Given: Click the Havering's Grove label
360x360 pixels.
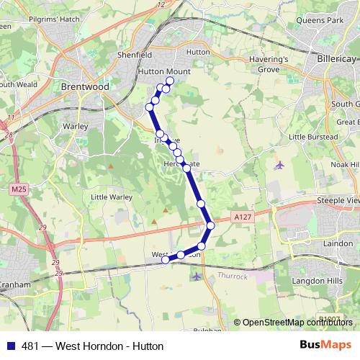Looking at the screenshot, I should coord(267,64).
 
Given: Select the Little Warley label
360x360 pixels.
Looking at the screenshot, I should coord(110,196).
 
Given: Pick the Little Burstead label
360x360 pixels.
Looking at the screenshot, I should coord(312,136).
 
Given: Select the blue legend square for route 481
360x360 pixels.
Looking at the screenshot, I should coord(9,346).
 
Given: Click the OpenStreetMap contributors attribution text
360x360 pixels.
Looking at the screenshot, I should coord(298,323).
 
